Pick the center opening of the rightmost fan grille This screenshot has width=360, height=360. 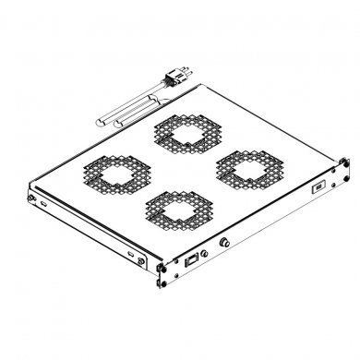click(246, 168)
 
